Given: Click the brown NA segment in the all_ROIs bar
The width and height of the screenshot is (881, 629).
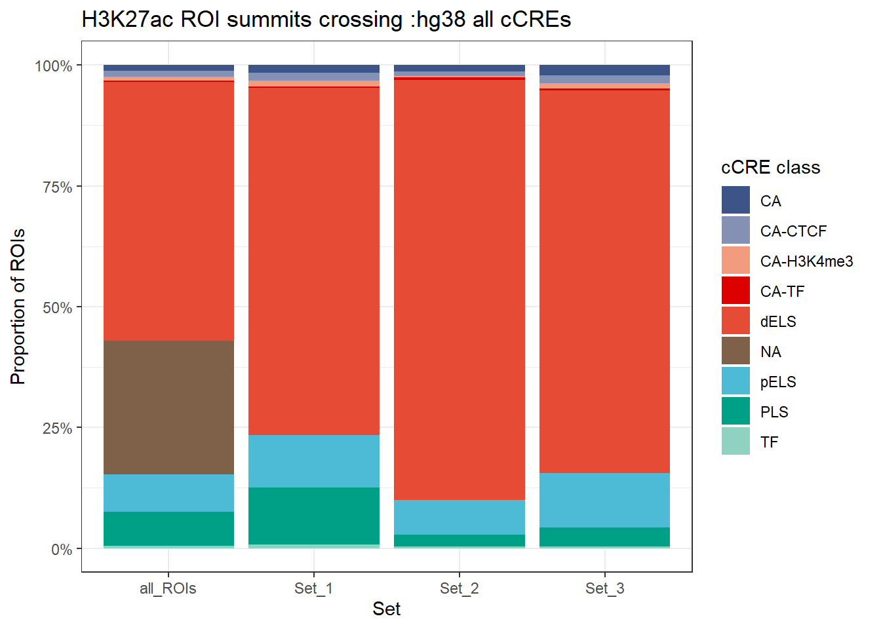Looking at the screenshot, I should click(x=168, y=407).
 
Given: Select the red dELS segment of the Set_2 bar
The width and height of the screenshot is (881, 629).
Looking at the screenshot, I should click(x=459, y=289).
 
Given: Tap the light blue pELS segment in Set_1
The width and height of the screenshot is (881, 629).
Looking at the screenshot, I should click(x=313, y=461).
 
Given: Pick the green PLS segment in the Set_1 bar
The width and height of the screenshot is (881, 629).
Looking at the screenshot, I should click(x=313, y=515).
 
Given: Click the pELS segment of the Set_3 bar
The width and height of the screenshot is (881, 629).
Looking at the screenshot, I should click(x=604, y=499).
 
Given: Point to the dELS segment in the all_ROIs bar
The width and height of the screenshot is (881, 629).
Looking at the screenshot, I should click(x=168, y=210).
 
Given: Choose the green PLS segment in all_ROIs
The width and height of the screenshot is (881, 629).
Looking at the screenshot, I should click(x=168, y=528).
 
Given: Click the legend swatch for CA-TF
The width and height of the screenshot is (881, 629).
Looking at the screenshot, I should click(x=735, y=291).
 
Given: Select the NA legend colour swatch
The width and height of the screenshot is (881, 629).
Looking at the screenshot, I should click(x=735, y=351).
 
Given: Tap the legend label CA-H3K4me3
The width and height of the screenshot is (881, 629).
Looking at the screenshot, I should click(x=806, y=261).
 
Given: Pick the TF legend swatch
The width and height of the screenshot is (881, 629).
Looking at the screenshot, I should click(x=735, y=442).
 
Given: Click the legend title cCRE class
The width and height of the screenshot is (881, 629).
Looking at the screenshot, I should click(x=770, y=168).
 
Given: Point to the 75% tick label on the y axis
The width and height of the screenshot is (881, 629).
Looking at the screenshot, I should click(x=57, y=187).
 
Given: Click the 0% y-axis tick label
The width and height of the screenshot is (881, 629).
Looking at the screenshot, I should click(x=62, y=549).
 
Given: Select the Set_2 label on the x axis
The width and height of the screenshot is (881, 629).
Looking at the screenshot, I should click(x=459, y=588).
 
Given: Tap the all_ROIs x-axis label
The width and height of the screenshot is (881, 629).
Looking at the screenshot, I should click(x=168, y=588).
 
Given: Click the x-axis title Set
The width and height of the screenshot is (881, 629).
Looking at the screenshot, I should click(x=386, y=609).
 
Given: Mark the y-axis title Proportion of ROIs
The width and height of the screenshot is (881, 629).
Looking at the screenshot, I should click(x=18, y=307).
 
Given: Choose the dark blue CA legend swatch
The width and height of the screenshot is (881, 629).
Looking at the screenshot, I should click(x=735, y=200).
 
